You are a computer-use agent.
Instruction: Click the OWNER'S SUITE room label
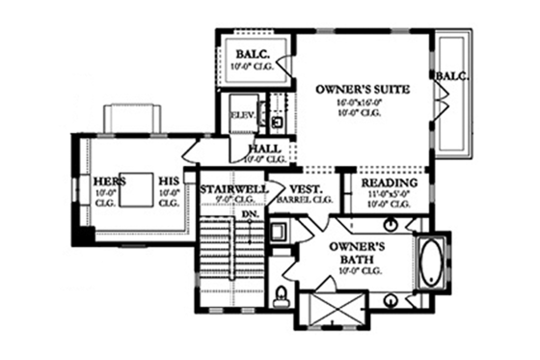pos(363,89)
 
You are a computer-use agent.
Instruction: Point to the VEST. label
pos(305,188)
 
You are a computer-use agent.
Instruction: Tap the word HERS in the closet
pos(105,180)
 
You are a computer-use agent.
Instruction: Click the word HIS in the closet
pos(170,180)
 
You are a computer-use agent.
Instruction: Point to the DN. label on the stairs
pos(260,214)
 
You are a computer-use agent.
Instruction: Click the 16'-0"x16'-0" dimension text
pos(363,100)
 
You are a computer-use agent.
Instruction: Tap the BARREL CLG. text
pos(305,200)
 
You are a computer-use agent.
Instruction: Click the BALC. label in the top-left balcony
pos(250,55)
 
